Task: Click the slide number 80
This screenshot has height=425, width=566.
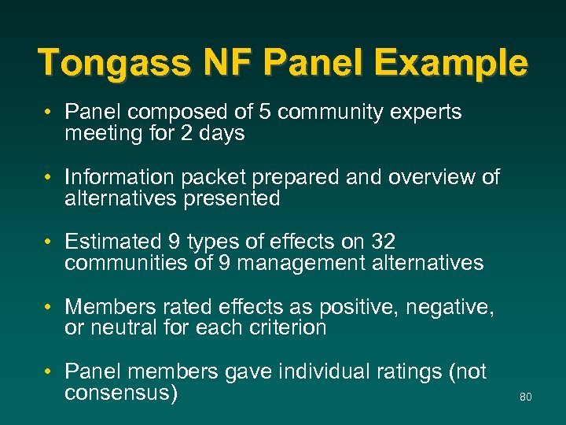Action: (526, 397)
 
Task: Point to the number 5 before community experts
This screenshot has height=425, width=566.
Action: (263, 113)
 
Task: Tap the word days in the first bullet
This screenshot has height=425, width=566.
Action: (223, 134)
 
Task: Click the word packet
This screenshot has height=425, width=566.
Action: (213, 177)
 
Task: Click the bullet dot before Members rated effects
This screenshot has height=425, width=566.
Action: (49, 306)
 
